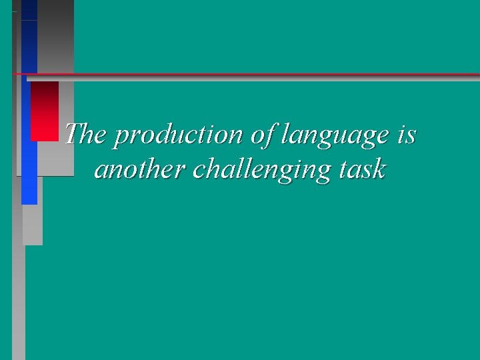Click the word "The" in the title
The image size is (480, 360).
pos(86,135)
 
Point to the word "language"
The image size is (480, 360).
pos(335,137)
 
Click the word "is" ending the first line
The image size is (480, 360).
pos(407,135)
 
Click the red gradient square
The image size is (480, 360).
pos(44,111)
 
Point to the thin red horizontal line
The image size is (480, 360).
pos(267,73)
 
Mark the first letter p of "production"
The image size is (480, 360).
pos(120,138)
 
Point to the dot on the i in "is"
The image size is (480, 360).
pos(403,125)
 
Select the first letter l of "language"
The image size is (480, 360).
pos(285,135)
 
